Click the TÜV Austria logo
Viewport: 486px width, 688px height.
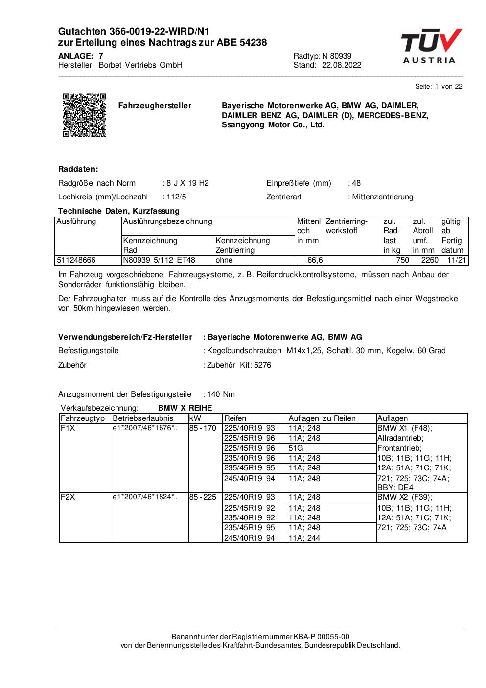click(x=431, y=47)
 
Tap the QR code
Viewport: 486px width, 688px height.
click(x=84, y=115)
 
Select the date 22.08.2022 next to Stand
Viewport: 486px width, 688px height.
click(x=342, y=65)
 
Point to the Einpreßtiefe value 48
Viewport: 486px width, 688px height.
click(x=356, y=183)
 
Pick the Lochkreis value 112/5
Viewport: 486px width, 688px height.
click(x=176, y=197)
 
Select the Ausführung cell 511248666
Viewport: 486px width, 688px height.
click(x=76, y=260)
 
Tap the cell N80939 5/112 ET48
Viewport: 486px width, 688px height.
click(x=159, y=260)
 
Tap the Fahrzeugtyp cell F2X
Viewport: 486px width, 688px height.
click(x=67, y=497)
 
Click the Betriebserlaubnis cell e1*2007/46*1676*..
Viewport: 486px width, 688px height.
click(x=145, y=428)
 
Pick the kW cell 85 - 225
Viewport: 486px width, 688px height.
click(x=203, y=497)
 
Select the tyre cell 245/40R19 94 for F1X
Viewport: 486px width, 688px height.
click(x=249, y=479)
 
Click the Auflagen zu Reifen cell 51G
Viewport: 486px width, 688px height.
click(x=296, y=448)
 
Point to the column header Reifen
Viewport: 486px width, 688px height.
click(x=235, y=418)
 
